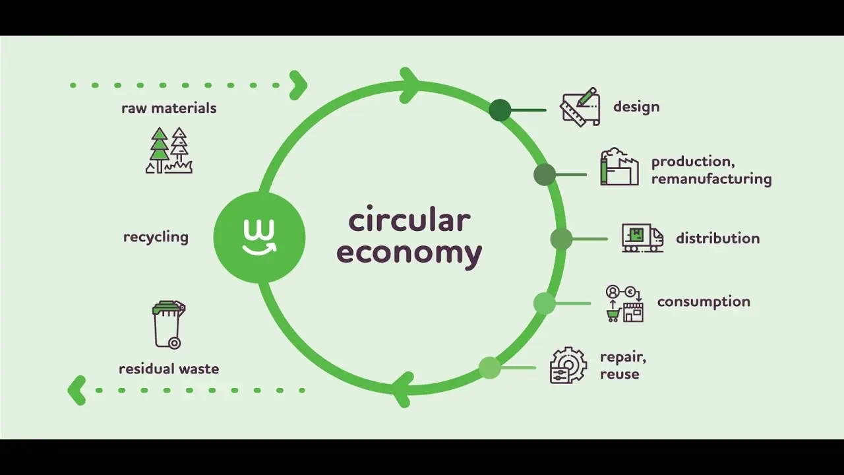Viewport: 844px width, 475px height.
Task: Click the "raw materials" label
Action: [169, 108]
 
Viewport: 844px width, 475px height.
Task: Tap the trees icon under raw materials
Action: [169, 150]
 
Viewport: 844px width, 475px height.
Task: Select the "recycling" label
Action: [156, 237]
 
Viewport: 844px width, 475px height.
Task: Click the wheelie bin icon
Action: [169, 325]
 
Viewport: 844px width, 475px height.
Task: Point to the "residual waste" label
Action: [169, 369]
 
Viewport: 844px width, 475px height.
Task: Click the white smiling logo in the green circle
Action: [259, 237]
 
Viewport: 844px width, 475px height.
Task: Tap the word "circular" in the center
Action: [409, 220]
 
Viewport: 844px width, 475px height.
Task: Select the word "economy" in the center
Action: [409, 253]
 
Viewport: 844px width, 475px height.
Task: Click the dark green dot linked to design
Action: [500, 110]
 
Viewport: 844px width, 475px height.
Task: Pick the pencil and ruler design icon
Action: [580, 107]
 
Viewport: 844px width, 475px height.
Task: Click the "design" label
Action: [636, 107]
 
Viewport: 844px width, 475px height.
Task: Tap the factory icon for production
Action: [619, 167]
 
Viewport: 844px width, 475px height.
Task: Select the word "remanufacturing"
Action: [711, 179]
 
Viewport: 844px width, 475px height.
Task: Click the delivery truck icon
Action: [642, 238]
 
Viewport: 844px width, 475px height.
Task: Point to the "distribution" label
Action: [718, 238]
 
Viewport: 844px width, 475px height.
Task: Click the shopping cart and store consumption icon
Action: [624, 303]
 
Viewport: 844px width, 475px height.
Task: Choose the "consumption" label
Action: [704, 301]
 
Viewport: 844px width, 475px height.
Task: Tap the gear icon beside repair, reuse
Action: [568, 365]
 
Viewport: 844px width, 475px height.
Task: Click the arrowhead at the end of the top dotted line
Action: [299, 85]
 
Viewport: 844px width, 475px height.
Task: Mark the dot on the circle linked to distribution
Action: [561, 239]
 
